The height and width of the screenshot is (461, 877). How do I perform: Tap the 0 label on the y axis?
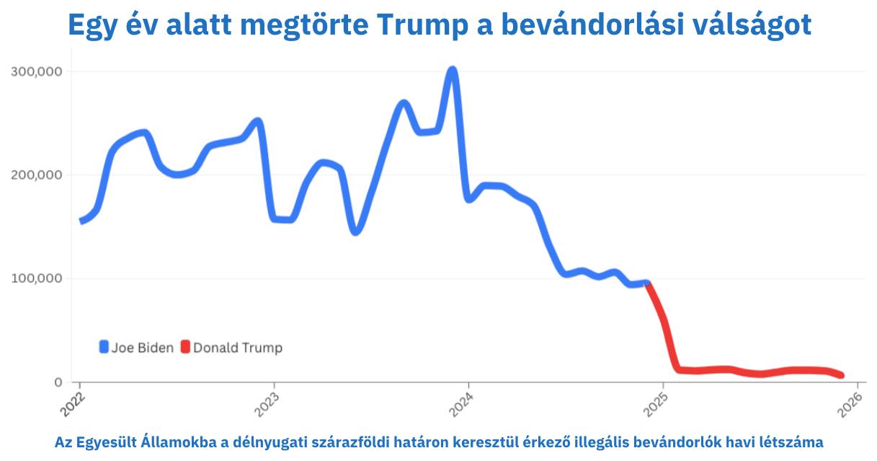pyautogui.click(x=58, y=382)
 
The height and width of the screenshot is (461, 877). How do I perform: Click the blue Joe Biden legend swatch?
pyautogui.click(x=104, y=348)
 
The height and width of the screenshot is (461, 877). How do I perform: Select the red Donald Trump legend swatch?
pyautogui.click(x=185, y=348)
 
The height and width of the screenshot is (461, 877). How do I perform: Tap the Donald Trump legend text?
pyautogui.click(x=238, y=348)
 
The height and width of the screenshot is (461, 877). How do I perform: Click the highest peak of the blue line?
pyautogui.click(x=452, y=71)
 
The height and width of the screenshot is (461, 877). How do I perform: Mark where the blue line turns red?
pyautogui.click(x=647, y=284)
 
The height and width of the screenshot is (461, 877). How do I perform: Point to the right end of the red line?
pyautogui.click(x=840, y=375)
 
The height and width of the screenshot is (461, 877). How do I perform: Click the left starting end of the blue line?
pyautogui.click(x=81, y=221)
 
